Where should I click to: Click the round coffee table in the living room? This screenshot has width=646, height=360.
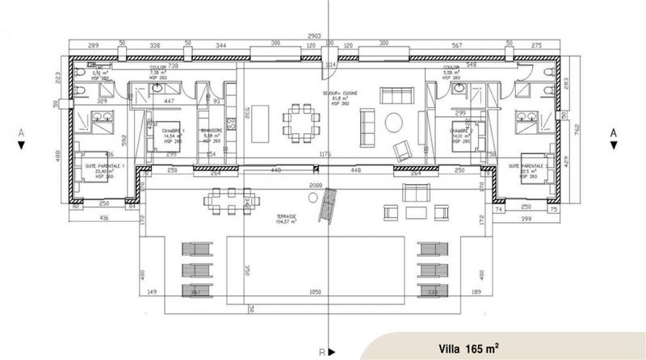point(396,123)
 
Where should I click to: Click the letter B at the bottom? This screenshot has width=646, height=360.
point(321,352)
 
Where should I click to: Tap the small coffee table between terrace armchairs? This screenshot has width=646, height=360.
point(417,213)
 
